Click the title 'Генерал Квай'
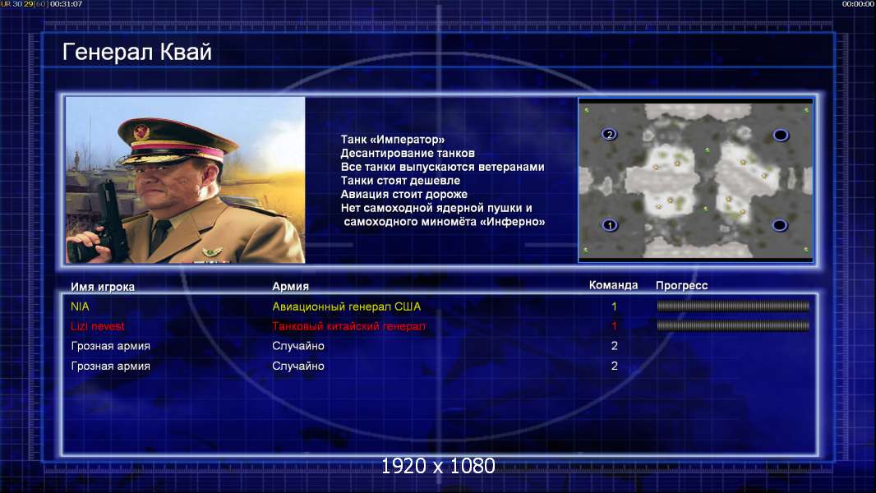137,52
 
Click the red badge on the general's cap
142,131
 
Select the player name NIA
80,306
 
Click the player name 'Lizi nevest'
97,326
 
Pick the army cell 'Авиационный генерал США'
347,306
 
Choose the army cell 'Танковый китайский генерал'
348,326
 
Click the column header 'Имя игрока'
102,287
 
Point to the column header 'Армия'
291,287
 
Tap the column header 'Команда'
613,285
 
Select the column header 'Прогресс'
681,286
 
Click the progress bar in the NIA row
733,306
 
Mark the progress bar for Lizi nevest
733,325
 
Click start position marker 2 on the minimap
610,134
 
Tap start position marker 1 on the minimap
610,225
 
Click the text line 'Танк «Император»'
393,140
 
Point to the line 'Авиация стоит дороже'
404,194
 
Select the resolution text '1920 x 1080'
438,466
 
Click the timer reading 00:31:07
66,4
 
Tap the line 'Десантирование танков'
408,154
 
